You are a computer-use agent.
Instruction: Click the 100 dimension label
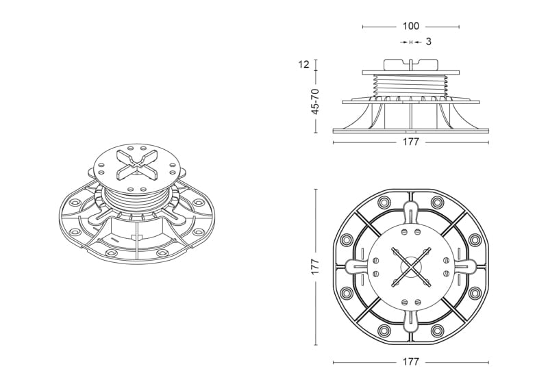click(x=410, y=26)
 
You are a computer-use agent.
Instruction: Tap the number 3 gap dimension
click(x=429, y=42)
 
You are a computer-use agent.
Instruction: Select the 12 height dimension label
click(x=303, y=64)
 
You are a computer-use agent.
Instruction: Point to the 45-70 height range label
click(x=315, y=102)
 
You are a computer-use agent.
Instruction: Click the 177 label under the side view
click(x=410, y=142)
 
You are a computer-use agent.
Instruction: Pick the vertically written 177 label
click(x=315, y=266)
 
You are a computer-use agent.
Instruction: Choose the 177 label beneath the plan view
click(x=410, y=361)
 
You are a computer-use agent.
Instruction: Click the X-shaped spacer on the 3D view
click(x=138, y=164)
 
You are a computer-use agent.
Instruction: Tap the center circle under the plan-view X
click(x=410, y=267)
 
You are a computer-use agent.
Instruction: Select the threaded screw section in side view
click(x=410, y=85)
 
